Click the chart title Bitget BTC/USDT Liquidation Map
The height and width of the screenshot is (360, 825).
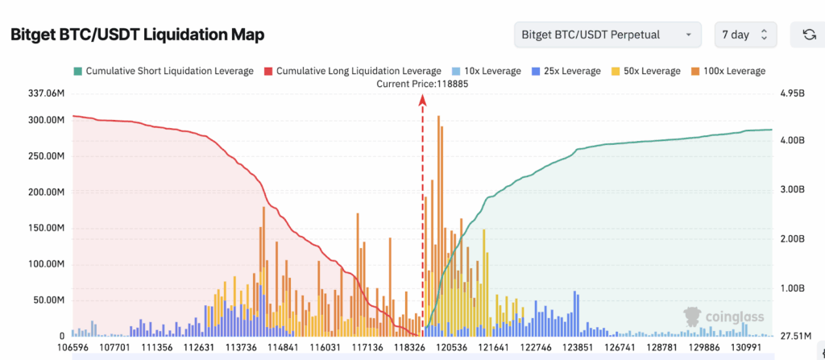[137, 35]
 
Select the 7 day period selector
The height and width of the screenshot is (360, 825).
[745, 35]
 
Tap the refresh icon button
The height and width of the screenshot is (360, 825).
[808, 35]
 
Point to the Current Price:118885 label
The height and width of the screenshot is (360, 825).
[423, 84]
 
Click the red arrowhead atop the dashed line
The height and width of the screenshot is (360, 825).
[422, 100]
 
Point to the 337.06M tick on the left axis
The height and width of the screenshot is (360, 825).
[45, 94]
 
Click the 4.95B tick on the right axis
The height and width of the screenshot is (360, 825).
[793, 94]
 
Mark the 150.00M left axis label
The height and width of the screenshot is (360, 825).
[45, 229]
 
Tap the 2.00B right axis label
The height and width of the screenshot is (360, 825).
[793, 239]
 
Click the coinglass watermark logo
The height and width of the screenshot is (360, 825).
[723, 317]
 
